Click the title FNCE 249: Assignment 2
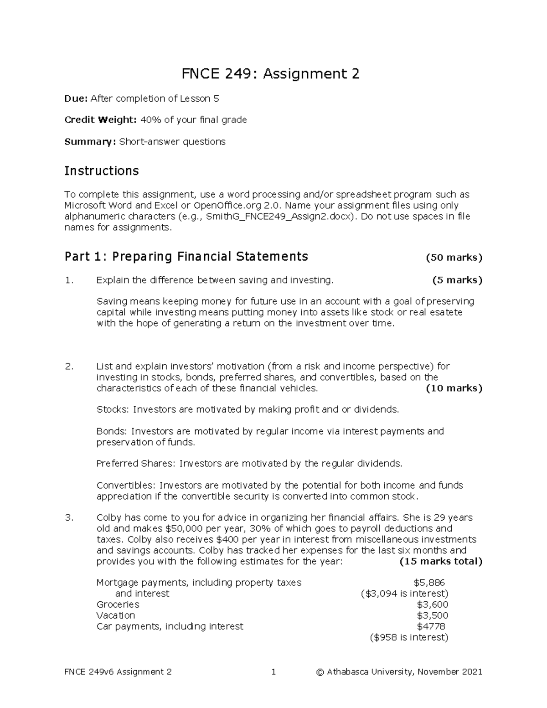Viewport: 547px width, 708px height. [271, 74]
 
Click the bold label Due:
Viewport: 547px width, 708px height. [76, 98]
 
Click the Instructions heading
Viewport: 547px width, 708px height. [101, 171]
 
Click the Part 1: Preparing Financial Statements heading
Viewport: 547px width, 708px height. [186, 257]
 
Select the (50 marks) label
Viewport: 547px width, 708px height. [454, 258]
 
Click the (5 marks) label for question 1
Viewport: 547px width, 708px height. [457, 280]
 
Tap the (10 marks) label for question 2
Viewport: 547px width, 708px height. [454, 388]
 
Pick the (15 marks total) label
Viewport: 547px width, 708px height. [440, 562]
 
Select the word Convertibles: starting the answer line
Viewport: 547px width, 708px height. [126, 486]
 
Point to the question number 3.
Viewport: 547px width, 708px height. [69, 518]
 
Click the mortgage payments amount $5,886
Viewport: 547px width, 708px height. [429, 583]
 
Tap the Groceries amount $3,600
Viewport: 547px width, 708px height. [432, 605]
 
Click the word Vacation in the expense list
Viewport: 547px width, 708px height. [116, 615]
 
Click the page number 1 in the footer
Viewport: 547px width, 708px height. [273, 672]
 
